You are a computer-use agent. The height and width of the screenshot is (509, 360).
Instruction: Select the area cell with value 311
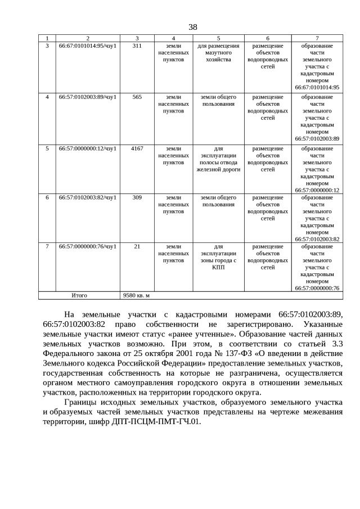point(137,46)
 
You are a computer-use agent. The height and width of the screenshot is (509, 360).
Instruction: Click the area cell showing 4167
point(137,148)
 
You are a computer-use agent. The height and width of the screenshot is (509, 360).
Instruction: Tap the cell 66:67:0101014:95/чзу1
point(87,46)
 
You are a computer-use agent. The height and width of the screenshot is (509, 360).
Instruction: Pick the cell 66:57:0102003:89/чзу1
point(87,97)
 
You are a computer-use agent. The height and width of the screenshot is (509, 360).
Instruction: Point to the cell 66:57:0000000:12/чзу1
point(87,148)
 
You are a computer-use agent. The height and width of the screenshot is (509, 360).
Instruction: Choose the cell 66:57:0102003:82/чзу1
point(87,197)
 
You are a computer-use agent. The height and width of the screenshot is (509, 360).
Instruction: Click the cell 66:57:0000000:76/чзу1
point(87,246)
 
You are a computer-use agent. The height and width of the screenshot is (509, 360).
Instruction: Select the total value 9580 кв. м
point(137,295)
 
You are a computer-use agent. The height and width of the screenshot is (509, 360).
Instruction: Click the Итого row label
point(79,295)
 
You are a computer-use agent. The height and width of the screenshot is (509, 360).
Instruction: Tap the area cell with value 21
point(137,246)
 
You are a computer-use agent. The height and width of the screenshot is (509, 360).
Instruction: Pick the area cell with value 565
point(137,97)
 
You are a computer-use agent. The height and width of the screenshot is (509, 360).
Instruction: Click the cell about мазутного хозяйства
point(219,52)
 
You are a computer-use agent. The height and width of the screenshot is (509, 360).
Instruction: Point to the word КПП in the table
point(219,268)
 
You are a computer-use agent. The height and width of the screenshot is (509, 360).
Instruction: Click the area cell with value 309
point(137,197)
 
